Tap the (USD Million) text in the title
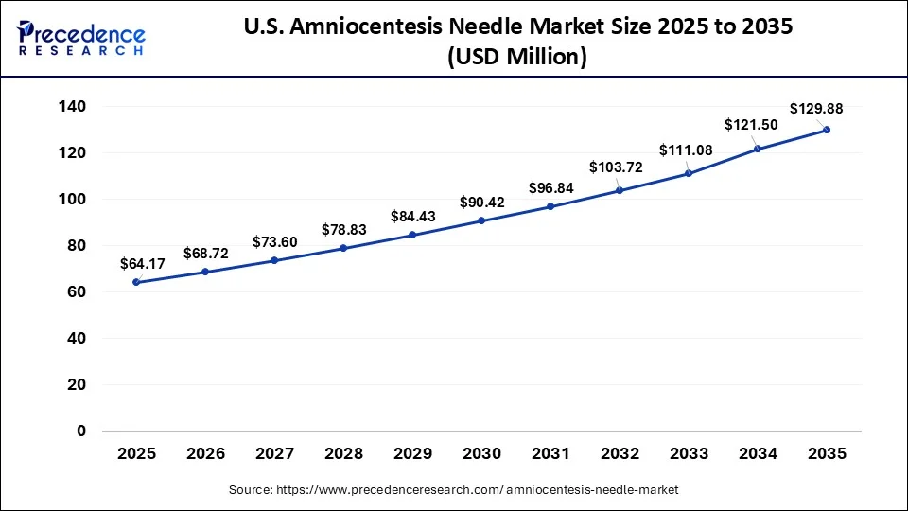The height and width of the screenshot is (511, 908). [516, 58]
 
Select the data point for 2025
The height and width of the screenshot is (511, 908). [136, 282]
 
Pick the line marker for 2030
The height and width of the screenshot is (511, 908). [481, 220]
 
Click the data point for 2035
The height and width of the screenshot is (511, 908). [827, 130]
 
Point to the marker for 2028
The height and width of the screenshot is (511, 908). [343, 248]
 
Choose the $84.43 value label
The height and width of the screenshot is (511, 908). [413, 217]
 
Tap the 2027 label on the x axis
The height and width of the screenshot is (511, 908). [274, 454]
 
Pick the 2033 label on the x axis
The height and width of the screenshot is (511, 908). [689, 454]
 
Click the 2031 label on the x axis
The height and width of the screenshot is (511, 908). [550, 454]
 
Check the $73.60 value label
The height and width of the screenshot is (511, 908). [275, 241]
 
